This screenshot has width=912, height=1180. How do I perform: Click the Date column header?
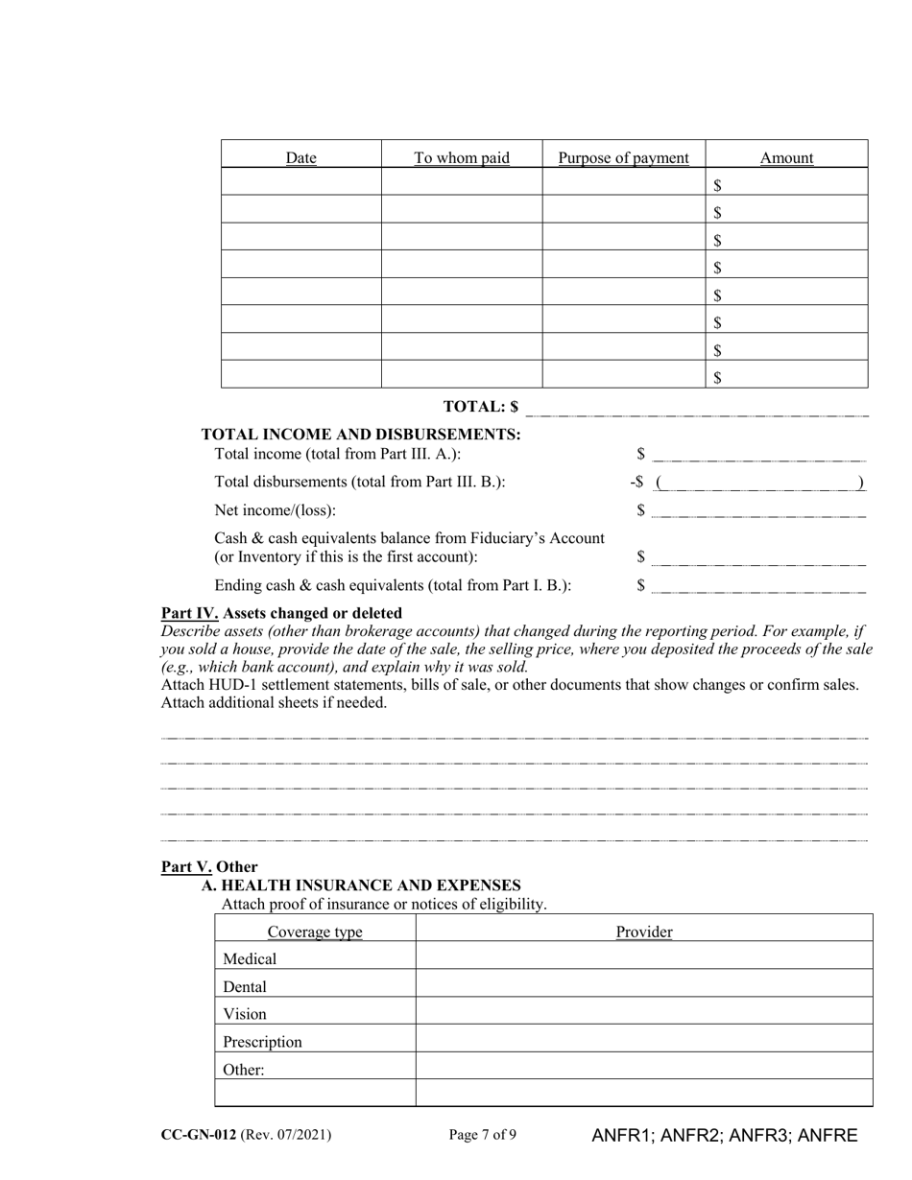pyautogui.click(x=300, y=158)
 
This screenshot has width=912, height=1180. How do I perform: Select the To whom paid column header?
pyautogui.click(x=462, y=157)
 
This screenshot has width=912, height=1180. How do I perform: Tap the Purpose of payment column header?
pyautogui.click(x=623, y=157)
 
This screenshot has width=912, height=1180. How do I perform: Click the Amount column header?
pyautogui.click(x=786, y=158)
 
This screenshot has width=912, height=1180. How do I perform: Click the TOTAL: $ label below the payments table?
pyautogui.click(x=481, y=407)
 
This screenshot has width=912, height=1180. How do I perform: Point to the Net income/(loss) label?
pyautogui.click(x=276, y=510)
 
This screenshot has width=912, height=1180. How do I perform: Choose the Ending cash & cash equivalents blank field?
pyautogui.click(x=757, y=585)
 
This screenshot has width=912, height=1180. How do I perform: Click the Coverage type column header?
pyautogui.click(x=315, y=932)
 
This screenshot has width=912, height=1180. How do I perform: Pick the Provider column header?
pyautogui.click(x=644, y=932)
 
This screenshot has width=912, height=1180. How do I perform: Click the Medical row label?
pyautogui.click(x=250, y=959)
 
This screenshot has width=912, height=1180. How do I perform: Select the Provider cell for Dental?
pyautogui.click(x=644, y=986)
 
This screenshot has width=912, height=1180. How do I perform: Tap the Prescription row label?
pyautogui.click(x=262, y=1042)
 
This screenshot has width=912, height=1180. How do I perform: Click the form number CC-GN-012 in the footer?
pyautogui.click(x=199, y=1135)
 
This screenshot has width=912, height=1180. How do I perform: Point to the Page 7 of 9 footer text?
pyautogui.click(x=483, y=1135)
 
